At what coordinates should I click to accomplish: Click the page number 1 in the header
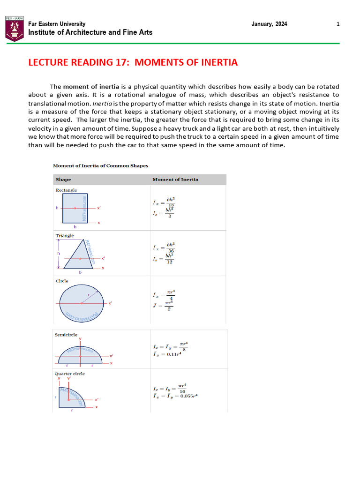coord(338,24)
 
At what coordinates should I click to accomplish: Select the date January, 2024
coord(270,24)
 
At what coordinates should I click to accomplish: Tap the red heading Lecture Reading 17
coord(133,62)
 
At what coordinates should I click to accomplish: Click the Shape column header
coord(63,180)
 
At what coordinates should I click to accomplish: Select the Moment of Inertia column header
coord(175,180)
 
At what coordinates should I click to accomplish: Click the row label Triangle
coord(65,236)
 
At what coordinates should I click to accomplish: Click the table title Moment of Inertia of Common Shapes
coord(100,165)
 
